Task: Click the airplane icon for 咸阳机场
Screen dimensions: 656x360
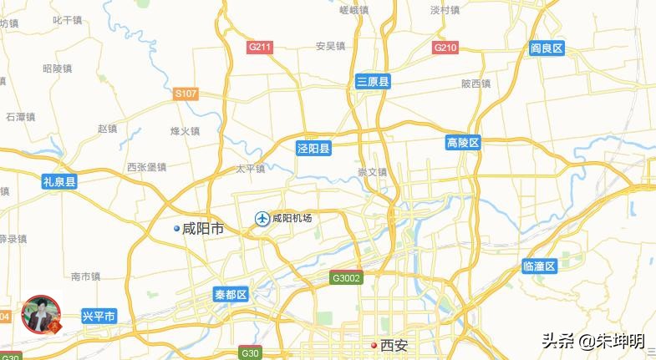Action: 262,219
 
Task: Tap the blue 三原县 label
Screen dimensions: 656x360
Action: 373,81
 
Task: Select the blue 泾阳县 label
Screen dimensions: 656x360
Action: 314,149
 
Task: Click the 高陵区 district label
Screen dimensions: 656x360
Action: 463,144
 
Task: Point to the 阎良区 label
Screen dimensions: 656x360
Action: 547,48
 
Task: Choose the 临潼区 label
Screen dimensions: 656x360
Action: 539,266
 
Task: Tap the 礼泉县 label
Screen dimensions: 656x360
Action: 60,180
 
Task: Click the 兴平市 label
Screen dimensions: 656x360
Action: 99,316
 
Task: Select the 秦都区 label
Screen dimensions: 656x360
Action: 231,295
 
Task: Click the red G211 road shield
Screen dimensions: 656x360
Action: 260,48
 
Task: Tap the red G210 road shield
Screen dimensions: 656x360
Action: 445,48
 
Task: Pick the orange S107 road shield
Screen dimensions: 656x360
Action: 186,94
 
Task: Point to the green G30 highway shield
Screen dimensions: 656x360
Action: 250,353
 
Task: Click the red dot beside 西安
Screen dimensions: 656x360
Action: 374,345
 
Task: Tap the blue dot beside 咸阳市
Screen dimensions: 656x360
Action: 176,228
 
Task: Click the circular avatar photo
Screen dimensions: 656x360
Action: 41,316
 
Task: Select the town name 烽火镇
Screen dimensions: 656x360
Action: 185,131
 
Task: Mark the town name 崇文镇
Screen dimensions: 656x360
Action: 373,172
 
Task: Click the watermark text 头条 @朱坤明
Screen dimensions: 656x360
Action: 593,341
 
